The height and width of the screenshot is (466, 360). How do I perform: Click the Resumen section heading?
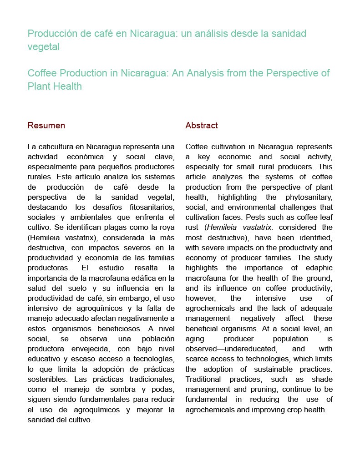[x=46, y=126]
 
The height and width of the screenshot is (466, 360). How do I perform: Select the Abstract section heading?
[x=202, y=126]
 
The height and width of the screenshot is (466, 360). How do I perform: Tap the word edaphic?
[x=316, y=268]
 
